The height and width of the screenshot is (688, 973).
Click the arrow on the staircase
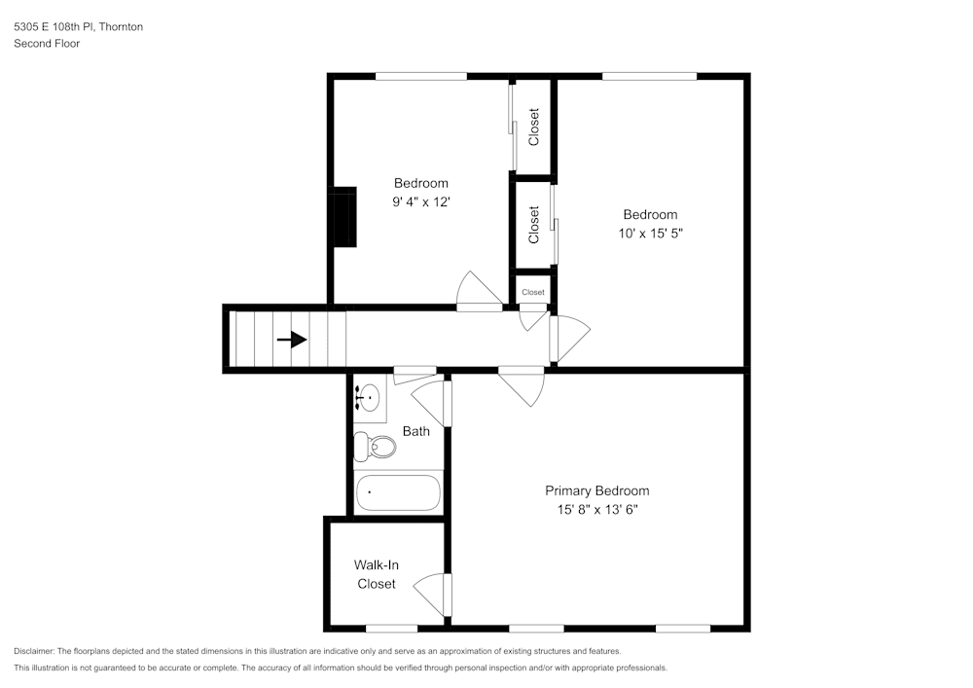[x=292, y=340]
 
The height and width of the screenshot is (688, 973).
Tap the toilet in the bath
[x=375, y=447]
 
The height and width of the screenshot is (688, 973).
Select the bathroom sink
[x=369, y=397]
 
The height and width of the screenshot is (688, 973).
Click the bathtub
[x=398, y=492]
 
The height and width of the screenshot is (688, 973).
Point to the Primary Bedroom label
[x=596, y=490]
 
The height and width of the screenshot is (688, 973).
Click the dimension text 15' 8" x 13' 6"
[x=596, y=509]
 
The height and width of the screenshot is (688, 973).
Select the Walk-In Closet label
[x=376, y=574]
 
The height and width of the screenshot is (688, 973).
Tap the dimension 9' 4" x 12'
[x=420, y=202]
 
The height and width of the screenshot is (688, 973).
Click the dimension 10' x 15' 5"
[x=650, y=234]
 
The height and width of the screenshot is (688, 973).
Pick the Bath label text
[x=415, y=431]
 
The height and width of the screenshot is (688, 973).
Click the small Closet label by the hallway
[x=533, y=292]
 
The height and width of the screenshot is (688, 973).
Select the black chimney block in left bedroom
[x=342, y=218]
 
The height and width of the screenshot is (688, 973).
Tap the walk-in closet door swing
[x=431, y=594]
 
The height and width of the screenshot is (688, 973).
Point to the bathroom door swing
[x=429, y=402]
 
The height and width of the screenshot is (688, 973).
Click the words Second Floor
[x=47, y=44]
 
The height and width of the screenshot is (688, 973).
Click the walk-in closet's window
[x=391, y=628]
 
